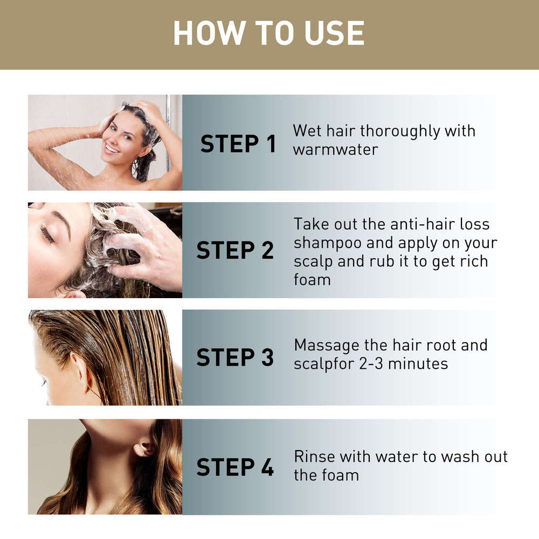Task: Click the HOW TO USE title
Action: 268,33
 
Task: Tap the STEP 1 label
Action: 238,144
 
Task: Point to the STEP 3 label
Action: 235,358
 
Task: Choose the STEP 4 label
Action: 235,467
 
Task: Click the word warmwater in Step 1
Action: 335,149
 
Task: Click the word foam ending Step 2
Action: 312,280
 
